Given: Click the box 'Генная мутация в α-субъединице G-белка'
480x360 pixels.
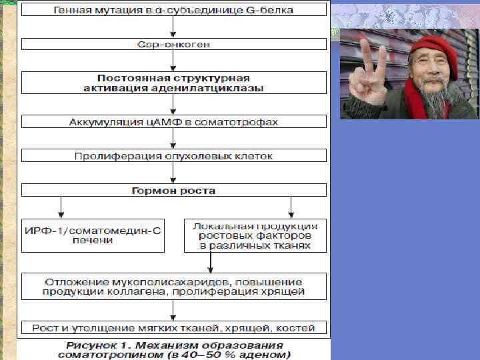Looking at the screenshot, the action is click(x=174, y=9).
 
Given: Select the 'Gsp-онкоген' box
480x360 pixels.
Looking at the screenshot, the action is click(x=174, y=44).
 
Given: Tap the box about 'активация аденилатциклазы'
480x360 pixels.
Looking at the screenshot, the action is click(x=174, y=83).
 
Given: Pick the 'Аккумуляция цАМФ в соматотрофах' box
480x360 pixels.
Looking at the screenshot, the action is click(x=174, y=122).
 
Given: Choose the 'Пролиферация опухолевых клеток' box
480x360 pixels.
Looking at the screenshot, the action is click(x=174, y=156).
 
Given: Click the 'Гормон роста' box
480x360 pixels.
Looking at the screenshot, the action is click(x=174, y=191).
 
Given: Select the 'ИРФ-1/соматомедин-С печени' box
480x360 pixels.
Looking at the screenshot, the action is click(x=93, y=235).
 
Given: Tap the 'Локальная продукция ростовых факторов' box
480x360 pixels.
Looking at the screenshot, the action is click(x=255, y=235).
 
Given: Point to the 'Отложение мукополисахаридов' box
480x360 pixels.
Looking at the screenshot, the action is click(x=174, y=287).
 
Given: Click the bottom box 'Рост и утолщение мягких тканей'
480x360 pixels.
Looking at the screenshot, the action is click(x=174, y=327).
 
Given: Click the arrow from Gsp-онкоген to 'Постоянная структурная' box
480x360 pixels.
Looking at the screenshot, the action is click(x=174, y=62).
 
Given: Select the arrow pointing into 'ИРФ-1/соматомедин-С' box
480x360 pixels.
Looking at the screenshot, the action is click(x=61, y=207).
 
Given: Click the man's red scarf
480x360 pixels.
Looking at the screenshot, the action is click(x=417, y=107).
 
